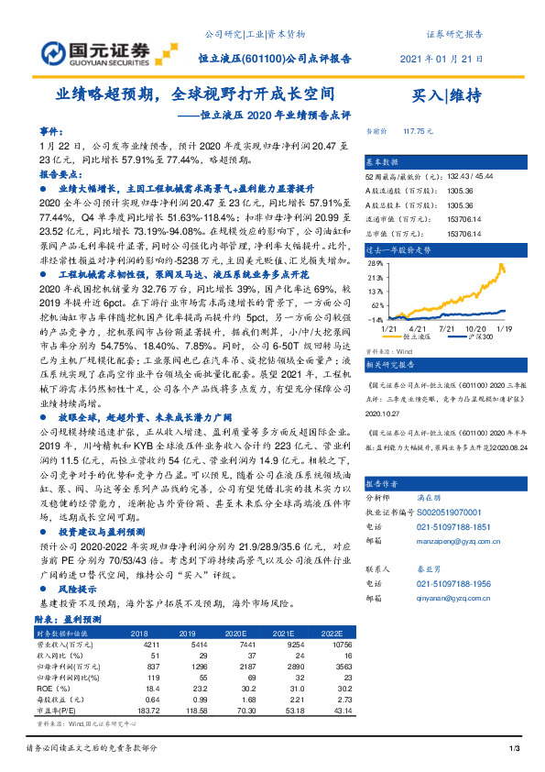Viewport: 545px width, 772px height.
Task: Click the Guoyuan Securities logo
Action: pyautogui.click(x=83, y=48)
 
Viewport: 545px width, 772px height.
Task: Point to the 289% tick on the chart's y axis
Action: pyautogui.click(x=376, y=262)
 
